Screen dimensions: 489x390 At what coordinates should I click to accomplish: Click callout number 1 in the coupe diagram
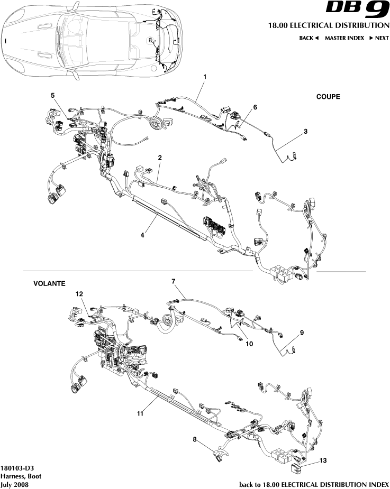(x=205, y=77)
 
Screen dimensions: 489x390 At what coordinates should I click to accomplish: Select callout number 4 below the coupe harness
(x=143, y=236)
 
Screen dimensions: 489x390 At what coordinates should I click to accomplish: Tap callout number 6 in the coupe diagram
(x=255, y=107)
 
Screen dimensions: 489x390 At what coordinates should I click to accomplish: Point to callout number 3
(x=306, y=131)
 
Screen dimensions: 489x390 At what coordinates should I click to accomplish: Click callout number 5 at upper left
(x=52, y=95)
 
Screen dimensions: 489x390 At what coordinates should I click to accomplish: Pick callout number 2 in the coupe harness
(x=160, y=158)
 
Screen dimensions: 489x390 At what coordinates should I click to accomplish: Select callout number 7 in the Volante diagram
(x=173, y=281)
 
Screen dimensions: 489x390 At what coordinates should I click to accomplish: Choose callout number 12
(x=79, y=293)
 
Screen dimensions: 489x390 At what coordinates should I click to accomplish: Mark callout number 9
(x=302, y=333)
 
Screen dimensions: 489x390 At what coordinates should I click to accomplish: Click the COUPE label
(x=328, y=97)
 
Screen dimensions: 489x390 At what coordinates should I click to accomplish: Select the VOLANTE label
(x=49, y=284)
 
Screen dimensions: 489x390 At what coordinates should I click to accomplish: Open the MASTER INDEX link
(x=344, y=38)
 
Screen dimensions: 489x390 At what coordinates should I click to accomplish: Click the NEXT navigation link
(x=379, y=38)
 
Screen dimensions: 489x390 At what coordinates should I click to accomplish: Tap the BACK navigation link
(x=309, y=38)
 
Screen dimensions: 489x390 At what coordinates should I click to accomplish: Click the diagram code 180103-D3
(x=19, y=468)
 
